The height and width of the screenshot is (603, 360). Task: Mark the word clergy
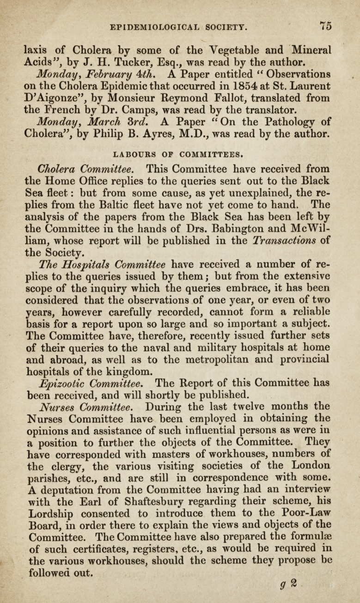65,455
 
